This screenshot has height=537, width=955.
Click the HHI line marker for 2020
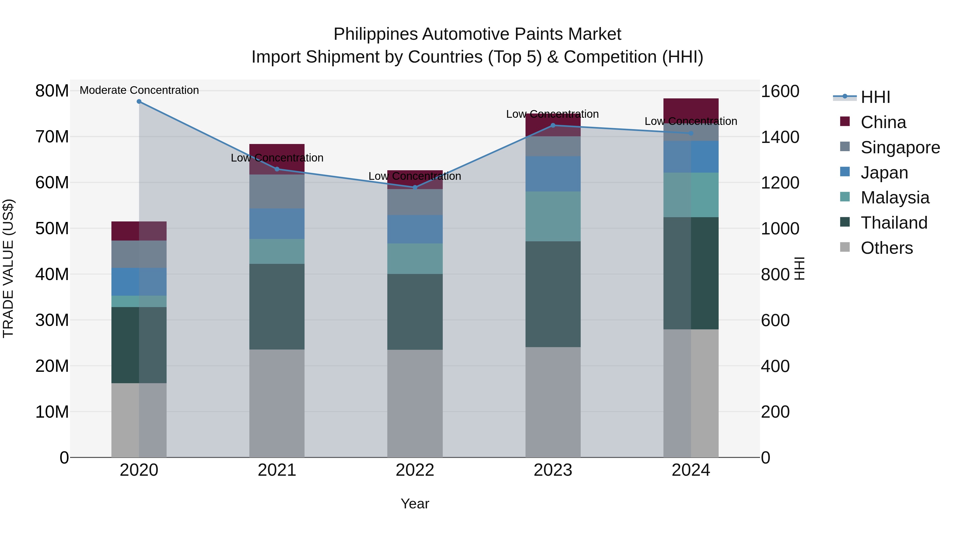[139, 102]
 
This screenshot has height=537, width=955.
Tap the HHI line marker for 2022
[415, 187]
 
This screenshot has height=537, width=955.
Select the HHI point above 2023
[553, 125]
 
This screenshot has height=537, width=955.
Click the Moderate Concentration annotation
[139, 90]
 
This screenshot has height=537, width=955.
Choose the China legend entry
[883, 122]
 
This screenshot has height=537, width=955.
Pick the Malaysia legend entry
[895, 198]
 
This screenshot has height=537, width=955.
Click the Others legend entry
[886, 248]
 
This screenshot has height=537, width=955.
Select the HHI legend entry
[875, 97]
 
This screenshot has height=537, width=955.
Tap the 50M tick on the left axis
[52, 228]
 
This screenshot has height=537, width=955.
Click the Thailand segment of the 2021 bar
[277, 307]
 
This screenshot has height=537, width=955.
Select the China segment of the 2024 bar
[691, 110]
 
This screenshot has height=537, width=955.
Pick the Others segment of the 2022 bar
[415, 403]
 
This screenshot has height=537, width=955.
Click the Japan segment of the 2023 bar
[553, 174]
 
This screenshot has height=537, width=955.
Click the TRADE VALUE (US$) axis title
[8, 268]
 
